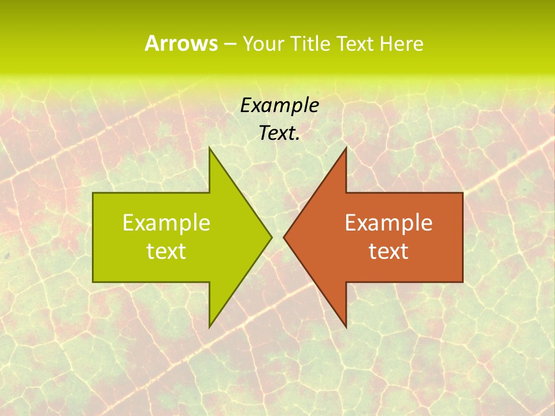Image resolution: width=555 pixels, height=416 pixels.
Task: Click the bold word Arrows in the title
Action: pos(180,43)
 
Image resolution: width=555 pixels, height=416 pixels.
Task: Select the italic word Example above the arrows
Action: pos(279,105)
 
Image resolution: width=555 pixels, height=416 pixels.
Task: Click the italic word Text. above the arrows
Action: pos(279,133)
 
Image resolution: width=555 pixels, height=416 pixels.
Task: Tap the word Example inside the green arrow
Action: pos(166,222)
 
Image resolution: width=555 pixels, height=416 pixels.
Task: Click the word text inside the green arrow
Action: pos(166,251)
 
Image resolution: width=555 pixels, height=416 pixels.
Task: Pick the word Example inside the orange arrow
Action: pos(388,222)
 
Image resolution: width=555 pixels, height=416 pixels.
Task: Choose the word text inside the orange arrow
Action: pos(388,251)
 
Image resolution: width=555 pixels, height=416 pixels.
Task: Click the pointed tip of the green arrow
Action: pos(271,237)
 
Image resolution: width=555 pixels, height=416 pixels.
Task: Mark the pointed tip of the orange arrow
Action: pos(284,237)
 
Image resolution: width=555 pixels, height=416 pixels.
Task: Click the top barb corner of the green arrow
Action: pos(209,148)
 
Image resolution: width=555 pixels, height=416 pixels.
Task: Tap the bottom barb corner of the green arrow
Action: pos(209,326)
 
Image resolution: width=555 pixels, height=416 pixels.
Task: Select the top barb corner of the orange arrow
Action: pos(346,148)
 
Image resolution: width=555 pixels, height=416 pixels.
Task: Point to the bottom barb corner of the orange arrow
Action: pos(346,326)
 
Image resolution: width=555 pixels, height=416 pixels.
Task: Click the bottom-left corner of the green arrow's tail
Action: pos(93,282)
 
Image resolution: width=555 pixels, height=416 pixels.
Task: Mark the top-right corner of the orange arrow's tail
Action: pos(462,193)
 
